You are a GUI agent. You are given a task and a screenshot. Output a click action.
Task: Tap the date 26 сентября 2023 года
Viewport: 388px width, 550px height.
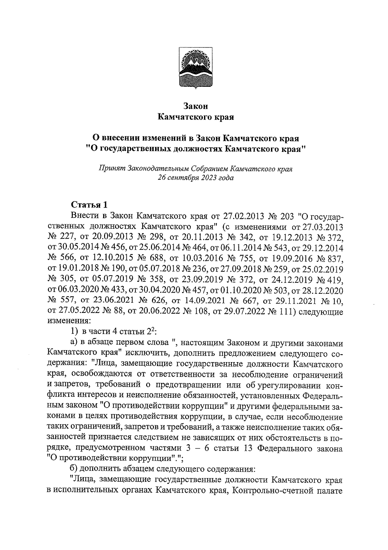pos(195,178)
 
